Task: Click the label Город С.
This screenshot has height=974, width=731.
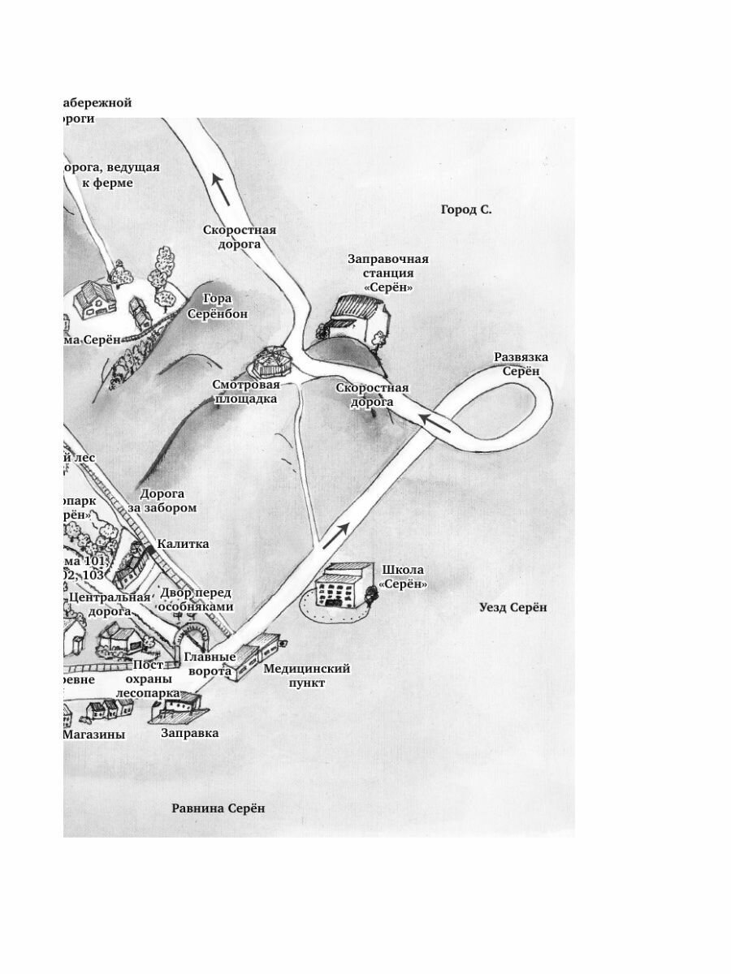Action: coord(466,209)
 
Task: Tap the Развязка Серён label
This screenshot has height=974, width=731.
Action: coord(521,364)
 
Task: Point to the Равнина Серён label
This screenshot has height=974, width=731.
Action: coord(218,808)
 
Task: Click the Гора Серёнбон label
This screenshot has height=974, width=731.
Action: coord(218,306)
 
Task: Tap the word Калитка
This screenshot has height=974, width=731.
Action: coord(183,544)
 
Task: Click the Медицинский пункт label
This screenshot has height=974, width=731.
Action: coord(306,675)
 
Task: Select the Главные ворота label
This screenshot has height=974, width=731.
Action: coord(209,663)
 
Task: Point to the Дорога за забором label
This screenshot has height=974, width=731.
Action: coord(168,500)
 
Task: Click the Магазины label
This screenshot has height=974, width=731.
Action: coord(95,734)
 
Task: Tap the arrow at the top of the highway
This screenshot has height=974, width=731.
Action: coord(220,188)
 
